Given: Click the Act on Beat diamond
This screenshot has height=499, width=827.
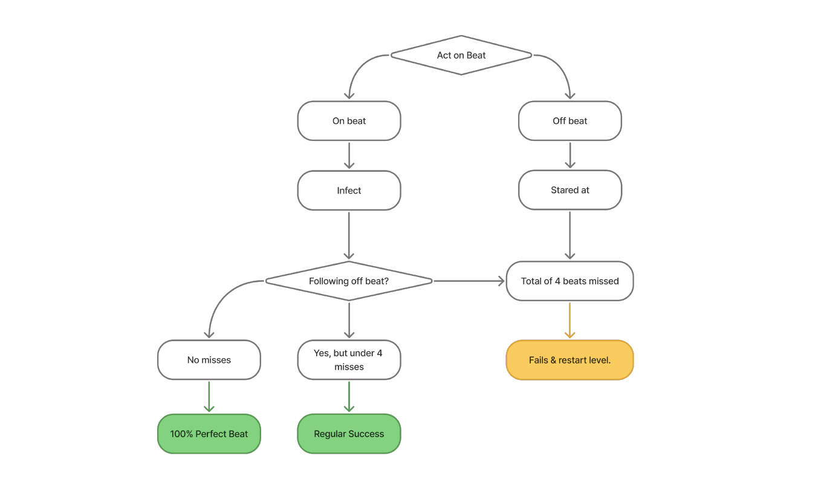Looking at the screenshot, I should coord(461,55).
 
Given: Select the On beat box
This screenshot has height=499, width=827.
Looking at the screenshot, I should coord(349,121).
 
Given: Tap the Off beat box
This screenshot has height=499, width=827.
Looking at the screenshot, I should coord(569,121).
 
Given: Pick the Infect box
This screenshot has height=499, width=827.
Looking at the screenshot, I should coord(349,191).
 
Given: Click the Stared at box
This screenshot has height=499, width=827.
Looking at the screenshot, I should coord(569,190).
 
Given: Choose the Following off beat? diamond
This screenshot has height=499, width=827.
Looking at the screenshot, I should coord(349,281).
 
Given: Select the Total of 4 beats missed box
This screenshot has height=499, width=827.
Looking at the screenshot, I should coord(569,281).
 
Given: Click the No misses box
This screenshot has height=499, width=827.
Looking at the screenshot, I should coord(209,360).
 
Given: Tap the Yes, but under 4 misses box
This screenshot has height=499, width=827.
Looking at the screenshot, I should coord(349,360).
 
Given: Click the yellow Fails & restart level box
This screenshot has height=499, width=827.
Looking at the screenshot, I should coord(569,360).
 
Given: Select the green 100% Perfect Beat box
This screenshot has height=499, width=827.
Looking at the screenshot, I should coord(209,434).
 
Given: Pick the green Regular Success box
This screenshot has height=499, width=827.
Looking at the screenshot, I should coord(349,434).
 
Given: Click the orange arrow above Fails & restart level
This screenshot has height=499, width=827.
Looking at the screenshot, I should coord(569,320).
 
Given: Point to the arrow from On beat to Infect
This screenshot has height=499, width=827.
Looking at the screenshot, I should coord(349,155).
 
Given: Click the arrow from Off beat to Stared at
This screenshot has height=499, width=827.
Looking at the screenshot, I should coord(569,155).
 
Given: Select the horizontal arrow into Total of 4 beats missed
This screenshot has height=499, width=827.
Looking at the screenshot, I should coord(469,281).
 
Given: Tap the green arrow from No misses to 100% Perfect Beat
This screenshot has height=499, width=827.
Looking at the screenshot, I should coord(209,396).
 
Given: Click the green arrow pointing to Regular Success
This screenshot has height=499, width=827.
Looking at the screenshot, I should coord(349,396).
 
